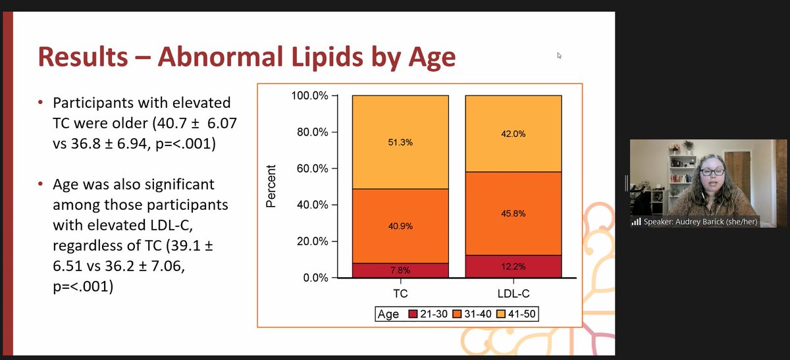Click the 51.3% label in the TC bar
(x=400, y=142)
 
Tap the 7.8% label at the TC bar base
(x=400, y=270)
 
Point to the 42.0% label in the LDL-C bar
(x=513, y=134)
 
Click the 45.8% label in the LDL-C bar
(x=513, y=214)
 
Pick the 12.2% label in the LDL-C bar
(x=513, y=266)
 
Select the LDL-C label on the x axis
(x=513, y=292)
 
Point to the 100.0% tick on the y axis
(x=309, y=96)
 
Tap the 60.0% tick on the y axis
(x=312, y=168)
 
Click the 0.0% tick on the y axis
(x=315, y=278)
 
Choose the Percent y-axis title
(x=270, y=186)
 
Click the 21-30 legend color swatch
(x=413, y=315)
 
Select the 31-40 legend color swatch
(x=459, y=315)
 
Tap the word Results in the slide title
(x=83, y=57)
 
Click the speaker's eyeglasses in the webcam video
(x=712, y=172)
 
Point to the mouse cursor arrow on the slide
(x=559, y=56)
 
